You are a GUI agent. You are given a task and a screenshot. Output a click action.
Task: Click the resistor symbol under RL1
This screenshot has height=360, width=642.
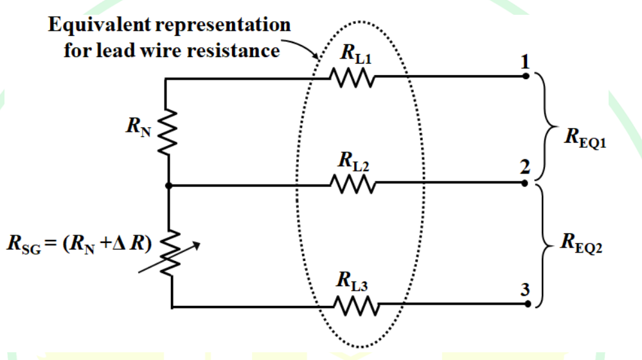(x=352, y=77)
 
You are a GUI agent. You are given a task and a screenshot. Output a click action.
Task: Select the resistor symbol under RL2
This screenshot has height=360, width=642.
(x=353, y=184)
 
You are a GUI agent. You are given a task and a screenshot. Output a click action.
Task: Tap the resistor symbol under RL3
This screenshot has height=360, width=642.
(x=357, y=305)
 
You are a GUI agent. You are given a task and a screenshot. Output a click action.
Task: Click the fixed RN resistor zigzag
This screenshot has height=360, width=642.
(x=168, y=132)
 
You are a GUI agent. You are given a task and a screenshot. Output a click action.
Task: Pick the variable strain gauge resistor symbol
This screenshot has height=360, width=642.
(x=170, y=253)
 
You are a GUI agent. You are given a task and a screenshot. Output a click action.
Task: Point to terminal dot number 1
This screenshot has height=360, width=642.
(x=526, y=76)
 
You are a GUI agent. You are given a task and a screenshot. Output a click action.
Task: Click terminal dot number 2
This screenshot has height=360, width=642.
(x=525, y=183)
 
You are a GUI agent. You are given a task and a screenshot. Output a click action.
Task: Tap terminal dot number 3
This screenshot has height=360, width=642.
(x=528, y=304)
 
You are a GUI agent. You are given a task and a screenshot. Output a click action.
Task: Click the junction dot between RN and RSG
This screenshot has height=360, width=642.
(x=168, y=186)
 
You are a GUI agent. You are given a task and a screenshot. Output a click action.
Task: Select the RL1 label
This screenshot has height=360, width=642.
(x=356, y=53)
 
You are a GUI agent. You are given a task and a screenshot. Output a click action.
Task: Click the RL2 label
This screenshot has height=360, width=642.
(x=353, y=161)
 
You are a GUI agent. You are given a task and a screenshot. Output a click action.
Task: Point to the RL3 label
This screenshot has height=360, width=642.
(x=352, y=282)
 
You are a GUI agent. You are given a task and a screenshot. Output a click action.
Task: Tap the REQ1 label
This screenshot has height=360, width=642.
(x=585, y=138)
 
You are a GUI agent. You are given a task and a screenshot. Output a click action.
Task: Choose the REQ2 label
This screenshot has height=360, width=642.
(x=582, y=243)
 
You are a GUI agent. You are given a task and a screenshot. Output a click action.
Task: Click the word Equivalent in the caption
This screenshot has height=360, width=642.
(x=100, y=25)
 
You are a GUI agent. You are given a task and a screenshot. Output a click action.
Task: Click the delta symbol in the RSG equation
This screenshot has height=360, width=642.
(x=119, y=243)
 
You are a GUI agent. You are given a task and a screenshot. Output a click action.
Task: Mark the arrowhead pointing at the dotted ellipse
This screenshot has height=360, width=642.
(x=316, y=55)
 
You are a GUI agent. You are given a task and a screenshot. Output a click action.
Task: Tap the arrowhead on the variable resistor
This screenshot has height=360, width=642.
(x=197, y=246)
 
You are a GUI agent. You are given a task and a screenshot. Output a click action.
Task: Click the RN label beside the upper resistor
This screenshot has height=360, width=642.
(x=138, y=127)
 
